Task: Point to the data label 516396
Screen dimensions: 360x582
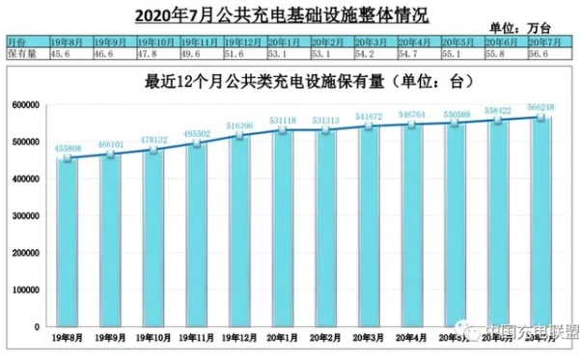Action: [x=240, y=125]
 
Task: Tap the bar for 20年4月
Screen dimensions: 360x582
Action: [x=413, y=229]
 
